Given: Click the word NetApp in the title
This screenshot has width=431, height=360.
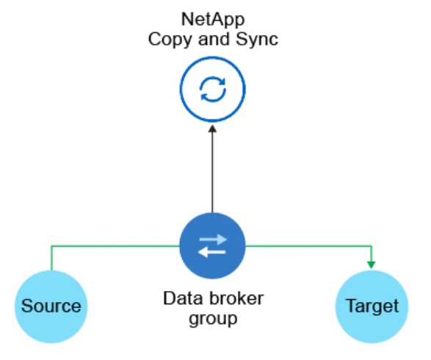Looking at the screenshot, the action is click(213, 20).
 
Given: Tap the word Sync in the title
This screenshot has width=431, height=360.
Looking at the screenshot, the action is click(257, 40).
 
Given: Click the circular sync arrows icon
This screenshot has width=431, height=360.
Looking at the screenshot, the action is click(212, 90).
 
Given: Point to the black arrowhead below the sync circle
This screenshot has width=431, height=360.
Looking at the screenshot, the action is click(212, 129).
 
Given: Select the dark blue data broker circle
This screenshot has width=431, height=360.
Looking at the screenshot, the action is click(212, 245).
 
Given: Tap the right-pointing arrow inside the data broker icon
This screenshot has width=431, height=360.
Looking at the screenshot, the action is click(213, 240).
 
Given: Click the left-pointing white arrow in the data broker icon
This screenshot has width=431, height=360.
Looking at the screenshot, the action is click(212, 252).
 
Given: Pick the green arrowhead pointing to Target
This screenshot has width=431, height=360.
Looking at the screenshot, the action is click(371, 264).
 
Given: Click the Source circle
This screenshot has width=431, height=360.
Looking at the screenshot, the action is click(51, 306).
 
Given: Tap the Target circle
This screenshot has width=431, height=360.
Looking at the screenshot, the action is click(372, 306).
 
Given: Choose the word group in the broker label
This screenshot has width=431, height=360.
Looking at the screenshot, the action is click(213, 320).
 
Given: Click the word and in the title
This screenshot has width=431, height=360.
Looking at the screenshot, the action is click(214, 40).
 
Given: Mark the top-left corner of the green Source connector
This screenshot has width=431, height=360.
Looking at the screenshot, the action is click(51, 246).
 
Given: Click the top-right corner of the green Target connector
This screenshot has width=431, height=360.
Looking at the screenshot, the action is click(372, 246).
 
